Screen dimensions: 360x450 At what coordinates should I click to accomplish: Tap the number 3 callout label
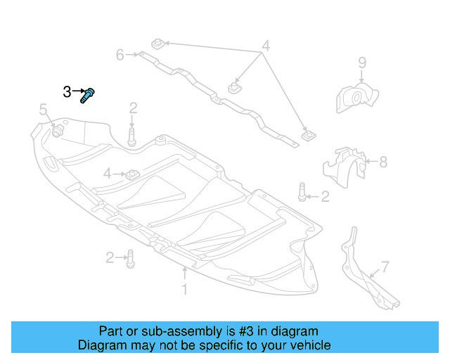click(67, 91)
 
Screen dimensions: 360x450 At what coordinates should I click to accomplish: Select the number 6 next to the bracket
click(120, 54)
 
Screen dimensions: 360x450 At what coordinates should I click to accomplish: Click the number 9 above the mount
click(362, 63)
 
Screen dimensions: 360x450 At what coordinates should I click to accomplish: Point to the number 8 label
click(383, 162)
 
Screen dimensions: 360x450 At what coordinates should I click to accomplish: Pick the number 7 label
click(385, 266)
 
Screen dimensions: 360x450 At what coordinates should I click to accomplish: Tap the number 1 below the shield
click(184, 289)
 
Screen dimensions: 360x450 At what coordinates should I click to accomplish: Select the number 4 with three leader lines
click(265, 47)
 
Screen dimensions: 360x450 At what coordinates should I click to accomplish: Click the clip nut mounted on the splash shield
click(131, 173)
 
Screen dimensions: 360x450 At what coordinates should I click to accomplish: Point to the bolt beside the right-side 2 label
click(302, 191)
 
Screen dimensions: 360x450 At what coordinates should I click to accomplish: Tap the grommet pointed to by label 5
click(56, 131)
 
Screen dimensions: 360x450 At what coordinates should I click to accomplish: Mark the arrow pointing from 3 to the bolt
click(77, 91)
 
